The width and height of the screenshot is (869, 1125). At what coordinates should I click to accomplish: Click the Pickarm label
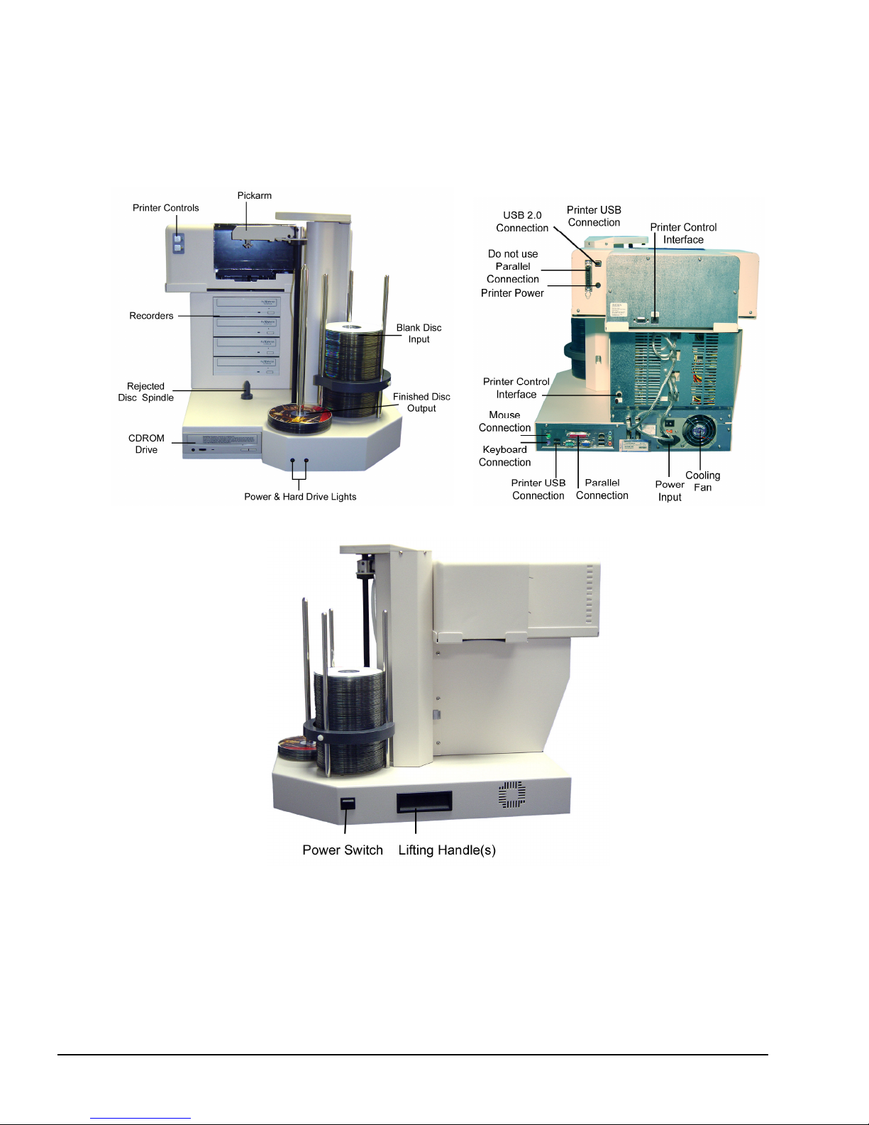[254, 195]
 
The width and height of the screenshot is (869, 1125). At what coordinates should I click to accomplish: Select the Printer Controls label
[165, 208]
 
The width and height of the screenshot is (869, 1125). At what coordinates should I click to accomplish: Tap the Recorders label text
[151, 316]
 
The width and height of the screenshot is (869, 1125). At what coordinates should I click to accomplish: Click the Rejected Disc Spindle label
[146, 392]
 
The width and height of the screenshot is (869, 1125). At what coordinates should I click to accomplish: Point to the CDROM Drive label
[146, 444]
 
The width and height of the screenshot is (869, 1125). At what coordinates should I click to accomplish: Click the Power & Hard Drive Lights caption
[300, 497]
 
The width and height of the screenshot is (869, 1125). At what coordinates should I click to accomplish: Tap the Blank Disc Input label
[419, 334]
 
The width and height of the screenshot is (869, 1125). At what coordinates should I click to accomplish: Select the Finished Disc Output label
[421, 402]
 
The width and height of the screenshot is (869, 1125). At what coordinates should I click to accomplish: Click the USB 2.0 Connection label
[522, 221]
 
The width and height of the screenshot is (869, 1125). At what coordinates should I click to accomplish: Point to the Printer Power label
[512, 293]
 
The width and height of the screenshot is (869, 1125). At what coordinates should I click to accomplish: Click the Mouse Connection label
[504, 422]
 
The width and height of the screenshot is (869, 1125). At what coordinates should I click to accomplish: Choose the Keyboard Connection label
[504, 456]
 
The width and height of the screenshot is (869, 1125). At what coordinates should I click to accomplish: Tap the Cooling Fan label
[702, 481]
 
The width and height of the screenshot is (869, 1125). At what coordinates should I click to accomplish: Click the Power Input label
[670, 490]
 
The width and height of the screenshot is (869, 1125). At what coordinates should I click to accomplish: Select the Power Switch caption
[343, 850]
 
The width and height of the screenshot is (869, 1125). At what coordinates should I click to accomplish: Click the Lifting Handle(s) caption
[447, 850]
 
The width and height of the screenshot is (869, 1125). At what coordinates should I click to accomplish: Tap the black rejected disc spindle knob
[247, 390]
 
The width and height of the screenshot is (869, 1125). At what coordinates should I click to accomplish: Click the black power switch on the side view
[348, 803]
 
